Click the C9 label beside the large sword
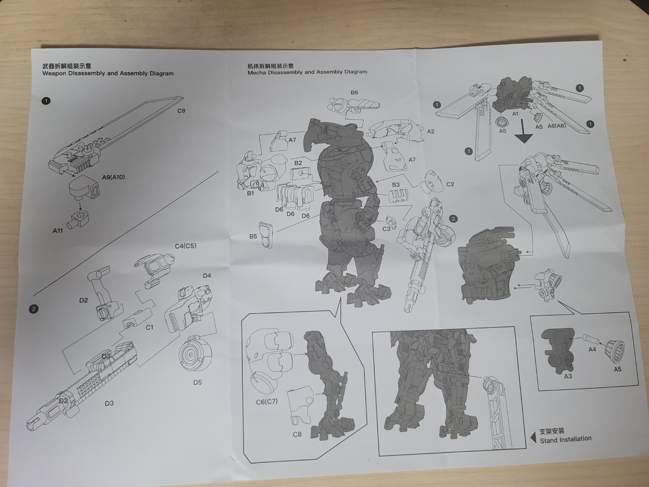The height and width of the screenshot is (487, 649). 181,111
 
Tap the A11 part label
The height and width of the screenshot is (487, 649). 57,231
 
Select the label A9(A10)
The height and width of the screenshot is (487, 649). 114,177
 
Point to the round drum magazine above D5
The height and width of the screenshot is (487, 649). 196,353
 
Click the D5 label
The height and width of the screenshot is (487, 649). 197,382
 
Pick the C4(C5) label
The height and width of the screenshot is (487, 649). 185,246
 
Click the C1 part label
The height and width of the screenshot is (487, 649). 150,327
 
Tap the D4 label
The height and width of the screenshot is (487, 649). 207,276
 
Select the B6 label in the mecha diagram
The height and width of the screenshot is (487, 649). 354,93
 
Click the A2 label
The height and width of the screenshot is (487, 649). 431,131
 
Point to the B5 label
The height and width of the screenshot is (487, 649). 253,236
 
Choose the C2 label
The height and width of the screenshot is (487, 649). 450,184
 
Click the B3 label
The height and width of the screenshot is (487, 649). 395,185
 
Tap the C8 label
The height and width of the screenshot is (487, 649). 297,435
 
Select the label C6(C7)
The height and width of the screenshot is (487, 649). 267,402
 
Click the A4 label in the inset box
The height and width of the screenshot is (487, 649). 592,350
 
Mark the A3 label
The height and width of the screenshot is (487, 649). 568,377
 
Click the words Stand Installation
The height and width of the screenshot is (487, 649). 566,439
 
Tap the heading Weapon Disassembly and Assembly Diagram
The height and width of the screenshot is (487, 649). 108,73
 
